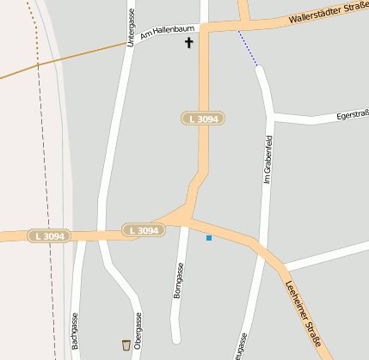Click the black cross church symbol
tap(189, 41)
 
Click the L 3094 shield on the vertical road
tap(204, 118)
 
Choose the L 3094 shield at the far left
tap(49, 235)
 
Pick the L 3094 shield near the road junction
tap(144, 230)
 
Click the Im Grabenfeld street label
tap(267, 159)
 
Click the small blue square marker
tap(209, 238)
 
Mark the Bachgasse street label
tap(76, 331)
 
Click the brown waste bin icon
tap(126, 345)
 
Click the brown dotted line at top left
tap(34, 26)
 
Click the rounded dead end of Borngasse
tap(175, 338)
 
